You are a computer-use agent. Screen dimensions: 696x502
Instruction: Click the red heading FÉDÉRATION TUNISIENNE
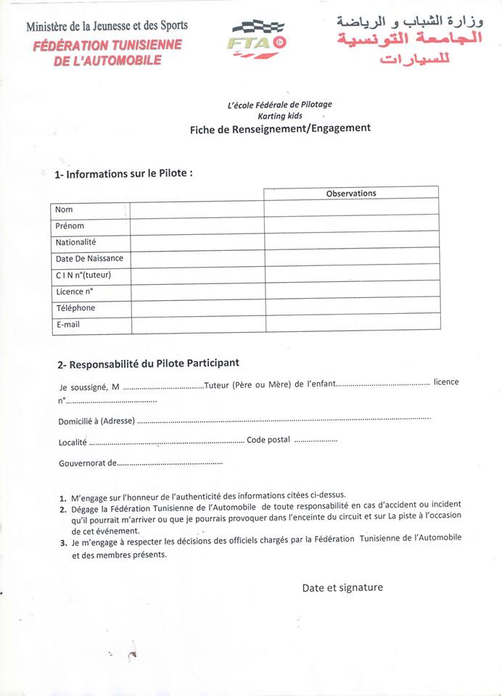click(x=108, y=46)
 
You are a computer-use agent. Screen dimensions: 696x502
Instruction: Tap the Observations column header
click(x=351, y=193)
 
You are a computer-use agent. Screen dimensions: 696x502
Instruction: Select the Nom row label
click(x=64, y=210)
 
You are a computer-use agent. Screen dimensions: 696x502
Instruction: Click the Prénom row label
click(x=70, y=225)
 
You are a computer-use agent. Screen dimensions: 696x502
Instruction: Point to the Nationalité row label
click(x=75, y=242)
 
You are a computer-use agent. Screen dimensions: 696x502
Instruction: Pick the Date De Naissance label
click(x=89, y=258)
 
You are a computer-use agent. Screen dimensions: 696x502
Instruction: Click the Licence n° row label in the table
click(x=74, y=291)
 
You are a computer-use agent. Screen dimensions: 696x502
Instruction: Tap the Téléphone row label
click(x=75, y=308)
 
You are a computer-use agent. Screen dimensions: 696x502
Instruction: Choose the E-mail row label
click(x=67, y=325)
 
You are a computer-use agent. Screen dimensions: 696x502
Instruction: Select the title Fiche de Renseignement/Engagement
click(x=280, y=128)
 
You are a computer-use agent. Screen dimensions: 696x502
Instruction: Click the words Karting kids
click(x=279, y=116)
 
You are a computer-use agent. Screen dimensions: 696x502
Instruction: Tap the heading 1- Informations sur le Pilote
click(x=124, y=173)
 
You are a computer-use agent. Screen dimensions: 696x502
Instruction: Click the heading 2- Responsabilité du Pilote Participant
click(x=148, y=362)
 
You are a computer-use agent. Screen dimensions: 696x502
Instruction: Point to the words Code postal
click(x=268, y=439)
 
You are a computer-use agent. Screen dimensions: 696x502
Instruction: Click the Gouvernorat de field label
click(x=87, y=463)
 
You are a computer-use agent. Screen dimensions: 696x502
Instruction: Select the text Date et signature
click(x=342, y=587)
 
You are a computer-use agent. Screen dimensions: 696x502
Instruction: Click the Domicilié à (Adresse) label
click(x=96, y=421)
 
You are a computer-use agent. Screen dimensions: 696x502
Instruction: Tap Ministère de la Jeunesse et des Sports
click(x=107, y=27)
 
